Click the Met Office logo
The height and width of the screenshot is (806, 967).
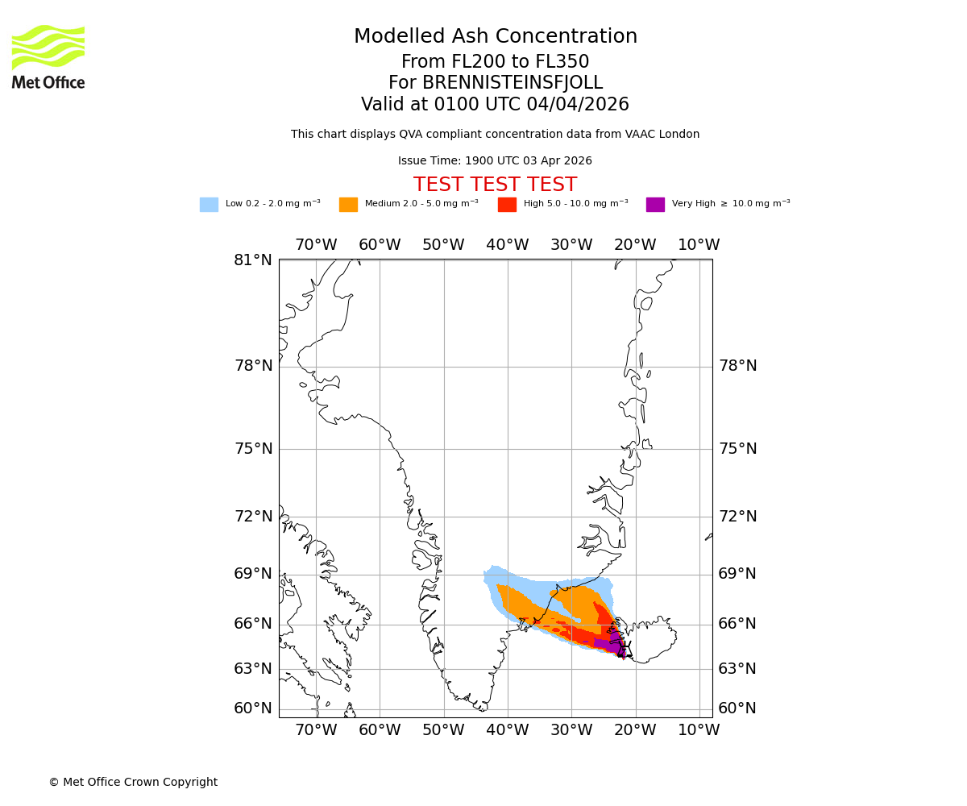(x=48, y=56)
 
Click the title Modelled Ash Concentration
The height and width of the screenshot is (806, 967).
(x=496, y=37)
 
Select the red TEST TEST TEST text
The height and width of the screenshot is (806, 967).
(x=495, y=185)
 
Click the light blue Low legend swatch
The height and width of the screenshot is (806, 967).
(x=209, y=205)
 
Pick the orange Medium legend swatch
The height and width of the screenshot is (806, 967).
(x=348, y=205)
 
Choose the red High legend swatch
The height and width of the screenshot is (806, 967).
(x=507, y=205)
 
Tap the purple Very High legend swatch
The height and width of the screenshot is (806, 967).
(x=655, y=205)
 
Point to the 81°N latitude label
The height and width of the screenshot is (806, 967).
(x=253, y=260)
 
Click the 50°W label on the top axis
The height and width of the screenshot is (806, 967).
(x=443, y=245)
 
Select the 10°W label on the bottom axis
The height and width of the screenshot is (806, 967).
(x=699, y=730)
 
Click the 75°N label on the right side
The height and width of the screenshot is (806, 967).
(x=737, y=449)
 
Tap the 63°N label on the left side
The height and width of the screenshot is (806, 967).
(x=253, y=669)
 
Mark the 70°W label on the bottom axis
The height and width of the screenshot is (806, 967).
(x=316, y=730)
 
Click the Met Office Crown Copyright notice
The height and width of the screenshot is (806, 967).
(x=133, y=783)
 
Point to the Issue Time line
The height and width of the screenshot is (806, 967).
(x=495, y=161)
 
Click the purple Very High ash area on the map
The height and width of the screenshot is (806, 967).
(x=612, y=644)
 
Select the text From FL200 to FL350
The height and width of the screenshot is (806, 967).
(x=495, y=62)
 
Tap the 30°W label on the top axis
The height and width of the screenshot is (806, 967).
(x=571, y=245)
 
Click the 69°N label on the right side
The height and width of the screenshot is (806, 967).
(x=737, y=574)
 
